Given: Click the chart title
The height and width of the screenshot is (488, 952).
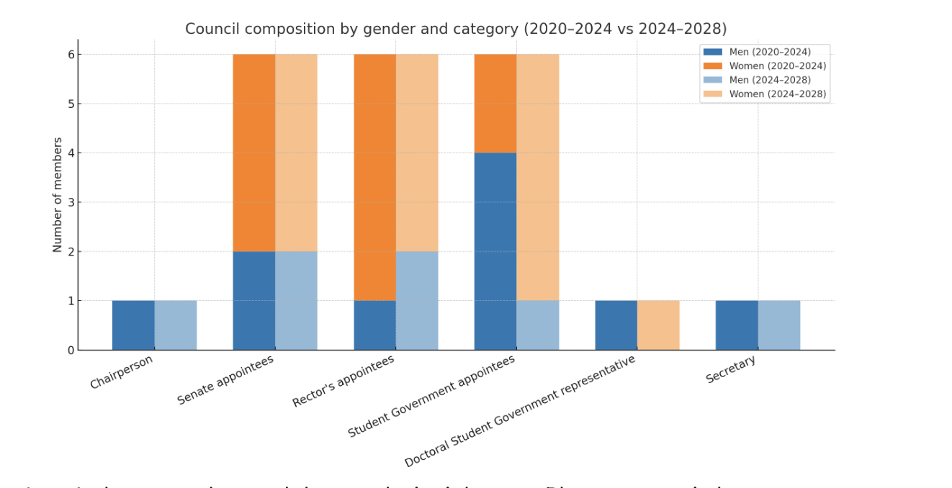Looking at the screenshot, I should pos(455,29).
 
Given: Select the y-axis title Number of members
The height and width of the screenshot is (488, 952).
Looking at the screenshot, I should pos(58,194).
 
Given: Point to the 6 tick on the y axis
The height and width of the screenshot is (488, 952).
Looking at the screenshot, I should pos(71,55).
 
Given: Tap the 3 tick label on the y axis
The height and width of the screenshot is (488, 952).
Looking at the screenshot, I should pos(71,202).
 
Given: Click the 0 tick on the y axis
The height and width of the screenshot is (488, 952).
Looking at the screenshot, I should pos(71,351).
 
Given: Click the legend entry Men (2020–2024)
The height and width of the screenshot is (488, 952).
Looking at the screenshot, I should pos(769,52).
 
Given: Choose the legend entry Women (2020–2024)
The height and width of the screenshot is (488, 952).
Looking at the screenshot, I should pos(777,66).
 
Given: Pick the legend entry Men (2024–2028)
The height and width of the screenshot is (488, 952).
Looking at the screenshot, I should pos(769,80).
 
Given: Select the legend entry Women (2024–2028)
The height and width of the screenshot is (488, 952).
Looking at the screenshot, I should pos(777,94).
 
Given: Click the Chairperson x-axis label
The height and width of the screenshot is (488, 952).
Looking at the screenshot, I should pos(122,371).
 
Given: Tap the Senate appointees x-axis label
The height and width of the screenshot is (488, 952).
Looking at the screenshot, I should pos(225,379).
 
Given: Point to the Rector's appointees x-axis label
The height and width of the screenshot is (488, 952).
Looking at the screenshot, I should pos(343,381).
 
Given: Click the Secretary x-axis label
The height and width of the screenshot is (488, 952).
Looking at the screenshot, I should pos(730,369).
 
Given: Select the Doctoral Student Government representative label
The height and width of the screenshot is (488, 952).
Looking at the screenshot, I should pos(520,411).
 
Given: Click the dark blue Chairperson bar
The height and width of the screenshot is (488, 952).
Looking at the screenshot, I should pos(133,325).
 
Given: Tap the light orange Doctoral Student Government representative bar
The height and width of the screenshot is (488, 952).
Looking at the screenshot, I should pos(658,325).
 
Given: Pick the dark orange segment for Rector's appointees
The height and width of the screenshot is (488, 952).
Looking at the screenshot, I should pos(374,177).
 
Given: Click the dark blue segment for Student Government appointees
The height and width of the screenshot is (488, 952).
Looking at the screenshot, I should pos(495,251).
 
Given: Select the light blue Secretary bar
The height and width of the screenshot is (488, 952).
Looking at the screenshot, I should pos(779,325).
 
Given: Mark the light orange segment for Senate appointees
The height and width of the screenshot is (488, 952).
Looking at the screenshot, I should pos(296,153).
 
